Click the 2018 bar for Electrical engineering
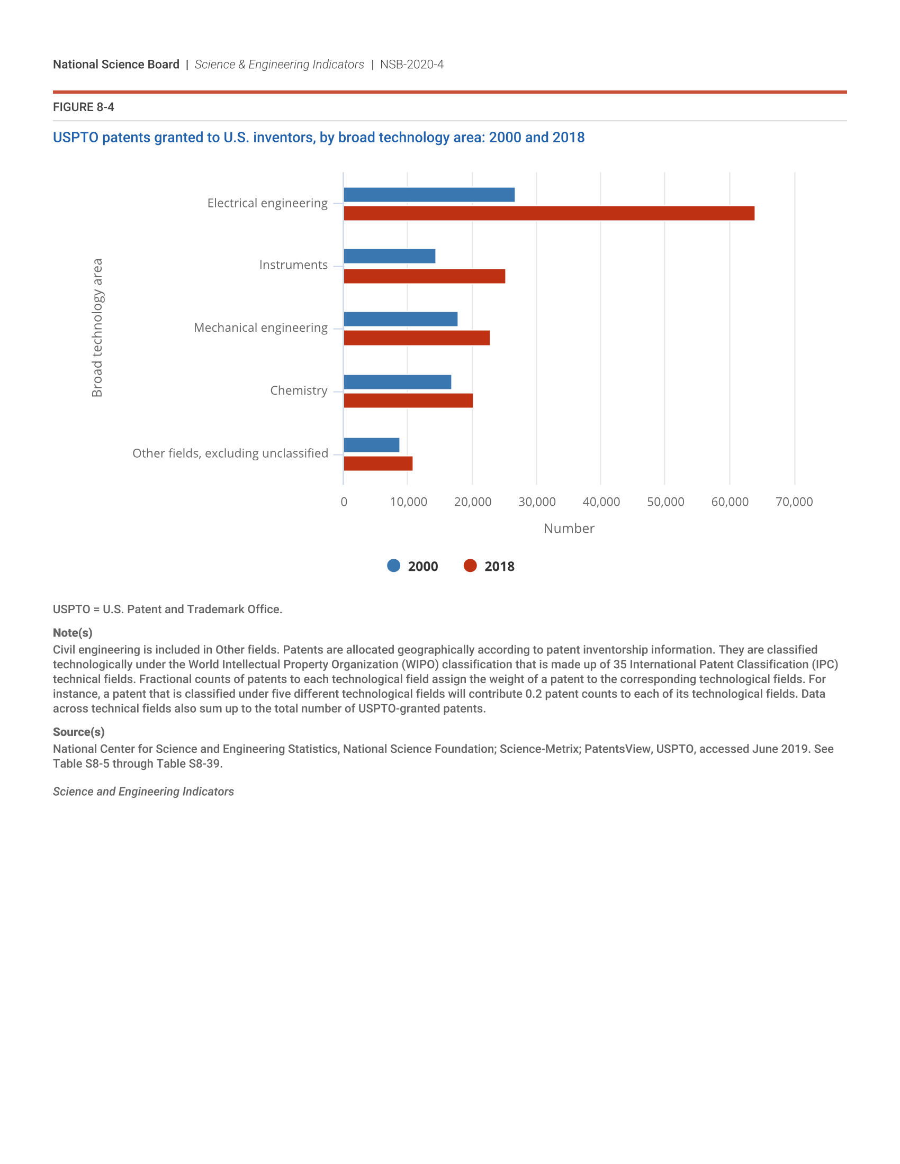click(548, 213)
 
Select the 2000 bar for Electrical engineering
click(429, 195)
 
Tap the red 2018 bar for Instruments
click(425, 276)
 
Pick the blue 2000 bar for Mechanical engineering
click(400, 319)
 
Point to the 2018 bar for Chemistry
click(408, 401)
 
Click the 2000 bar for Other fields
click(372, 445)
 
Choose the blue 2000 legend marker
click(393, 566)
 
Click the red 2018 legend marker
click(470, 566)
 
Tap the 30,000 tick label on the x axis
click(537, 502)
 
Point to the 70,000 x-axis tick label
click(794, 502)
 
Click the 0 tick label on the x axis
click(344, 502)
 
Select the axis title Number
click(569, 528)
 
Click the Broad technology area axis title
click(97, 328)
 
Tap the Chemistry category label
click(299, 390)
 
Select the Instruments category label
click(293, 265)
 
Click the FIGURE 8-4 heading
click(83, 107)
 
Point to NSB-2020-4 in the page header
click(411, 65)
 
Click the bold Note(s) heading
click(73, 633)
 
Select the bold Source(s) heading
click(78, 732)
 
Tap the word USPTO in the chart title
click(75, 138)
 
